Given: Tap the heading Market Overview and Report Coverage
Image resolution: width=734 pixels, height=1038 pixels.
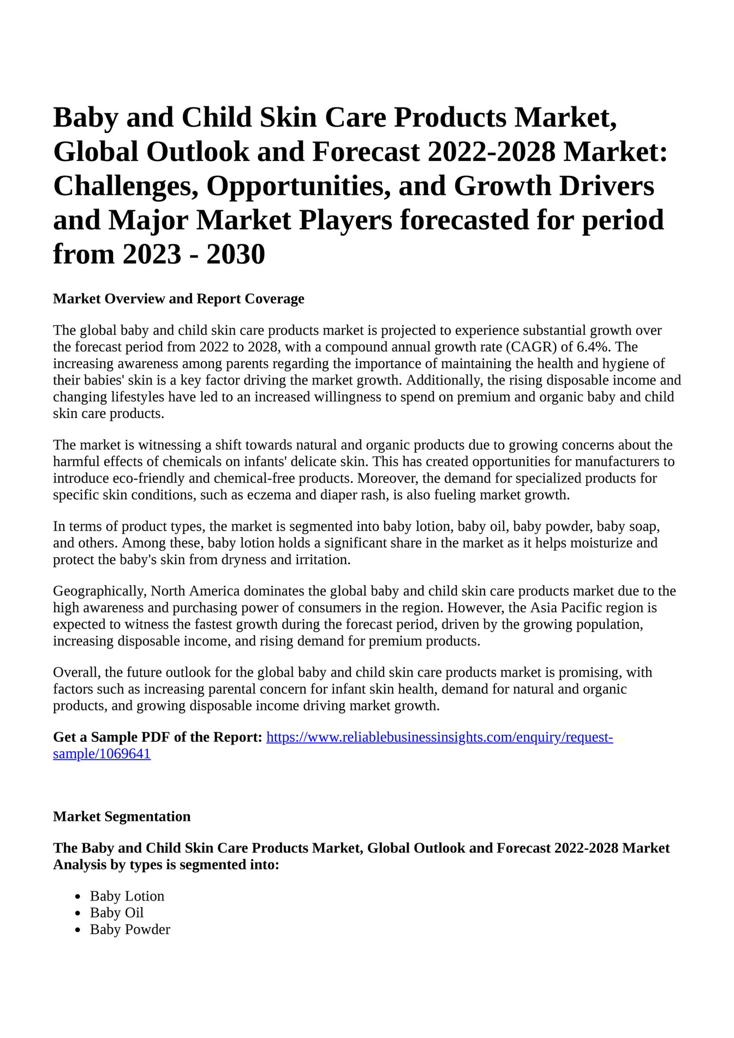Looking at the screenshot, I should click(x=178, y=299).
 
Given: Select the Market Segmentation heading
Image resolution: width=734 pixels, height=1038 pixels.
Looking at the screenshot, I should click(x=122, y=817).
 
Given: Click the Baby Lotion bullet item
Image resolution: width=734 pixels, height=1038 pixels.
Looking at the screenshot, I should click(x=127, y=896).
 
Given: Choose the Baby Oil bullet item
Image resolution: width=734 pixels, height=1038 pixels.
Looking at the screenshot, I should click(x=117, y=913).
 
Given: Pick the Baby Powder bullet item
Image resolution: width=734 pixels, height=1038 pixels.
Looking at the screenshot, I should click(x=130, y=929).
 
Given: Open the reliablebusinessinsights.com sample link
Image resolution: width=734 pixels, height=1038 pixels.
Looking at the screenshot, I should click(x=439, y=737).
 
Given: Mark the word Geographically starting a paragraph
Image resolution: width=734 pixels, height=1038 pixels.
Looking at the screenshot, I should click(x=100, y=591).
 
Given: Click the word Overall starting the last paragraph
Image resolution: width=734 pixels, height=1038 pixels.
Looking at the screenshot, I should click(x=75, y=673).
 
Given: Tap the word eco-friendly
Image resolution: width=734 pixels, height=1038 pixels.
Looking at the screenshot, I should click(x=145, y=479).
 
